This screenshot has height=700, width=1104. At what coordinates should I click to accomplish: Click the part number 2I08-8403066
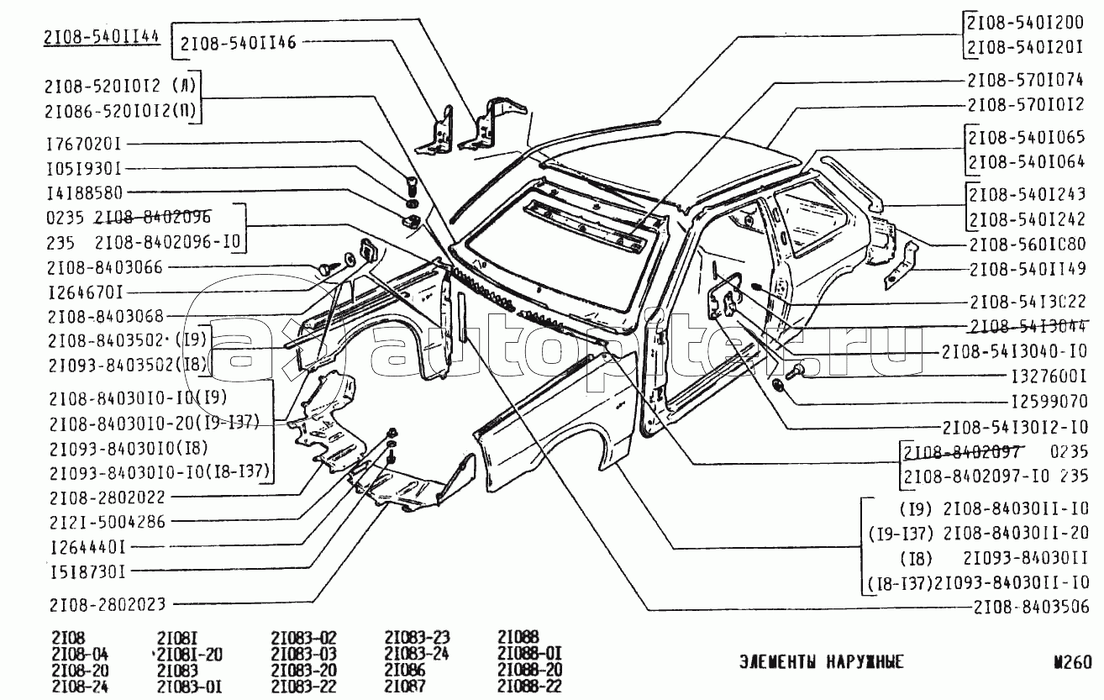(x=105, y=267)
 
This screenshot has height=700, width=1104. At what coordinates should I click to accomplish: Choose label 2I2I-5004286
(x=107, y=521)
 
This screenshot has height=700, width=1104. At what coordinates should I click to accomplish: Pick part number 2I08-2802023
(x=107, y=604)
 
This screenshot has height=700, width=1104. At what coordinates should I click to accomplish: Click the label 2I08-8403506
(x=1032, y=608)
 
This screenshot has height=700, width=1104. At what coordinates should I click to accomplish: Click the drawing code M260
(x=1073, y=662)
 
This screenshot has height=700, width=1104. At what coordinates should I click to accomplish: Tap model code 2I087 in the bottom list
(x=404, y=687)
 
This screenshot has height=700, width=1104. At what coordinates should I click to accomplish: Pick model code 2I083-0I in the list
(x=191, y=687)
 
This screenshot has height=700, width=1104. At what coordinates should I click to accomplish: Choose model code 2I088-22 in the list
(x=529, y=687)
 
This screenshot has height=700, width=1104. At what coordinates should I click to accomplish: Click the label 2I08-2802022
(x=107, y=497)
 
